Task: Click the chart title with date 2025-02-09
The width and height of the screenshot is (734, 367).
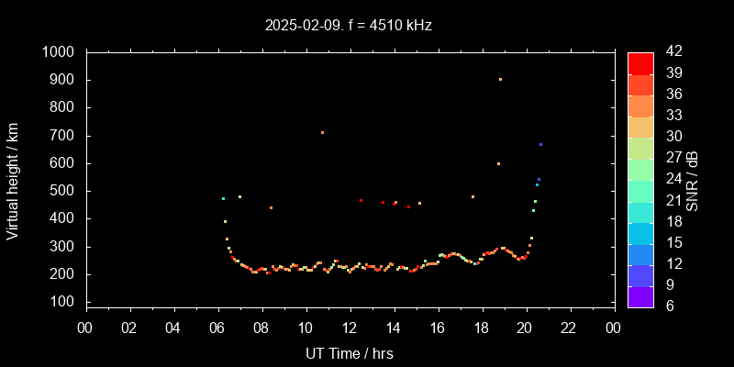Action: click(x=348, y=25)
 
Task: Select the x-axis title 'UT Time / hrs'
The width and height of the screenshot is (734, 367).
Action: click(x=350, y=352)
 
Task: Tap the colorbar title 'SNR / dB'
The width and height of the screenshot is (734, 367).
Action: click(x=693, y=178)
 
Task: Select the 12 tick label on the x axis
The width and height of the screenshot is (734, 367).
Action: click(x=350, y=328)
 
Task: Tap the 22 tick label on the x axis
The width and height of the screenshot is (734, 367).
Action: click(x=570, y=328)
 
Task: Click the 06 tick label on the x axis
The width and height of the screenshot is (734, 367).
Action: click(x=217, y=328)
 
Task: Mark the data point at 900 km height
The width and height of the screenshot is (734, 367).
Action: click(x=500, y=79)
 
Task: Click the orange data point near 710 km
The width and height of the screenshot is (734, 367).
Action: click(x=322, y=132)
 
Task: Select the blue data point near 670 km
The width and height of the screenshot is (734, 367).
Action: click(x=540, y=144)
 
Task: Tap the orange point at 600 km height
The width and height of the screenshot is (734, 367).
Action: click(x=498, y=163)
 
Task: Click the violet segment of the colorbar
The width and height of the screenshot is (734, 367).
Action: click(x=640, y=295)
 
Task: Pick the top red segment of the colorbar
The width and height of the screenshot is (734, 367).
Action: click(x=640, y=62)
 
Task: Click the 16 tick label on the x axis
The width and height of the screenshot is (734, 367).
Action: click(x=438, y=328)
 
